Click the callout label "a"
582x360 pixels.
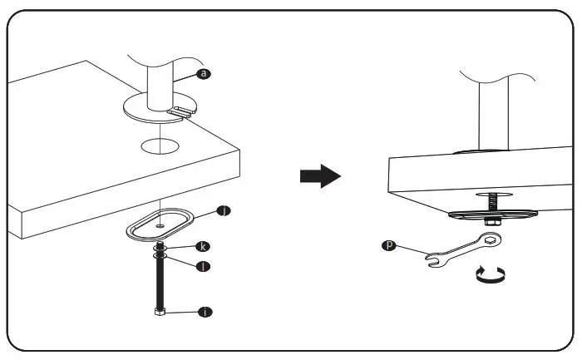(204, 73)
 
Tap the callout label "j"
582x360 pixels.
(223, 210)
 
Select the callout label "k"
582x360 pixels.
(203, 247)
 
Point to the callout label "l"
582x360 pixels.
(203, 267)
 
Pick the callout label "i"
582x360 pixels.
(203, 312)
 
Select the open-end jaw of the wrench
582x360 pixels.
(432, 260)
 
